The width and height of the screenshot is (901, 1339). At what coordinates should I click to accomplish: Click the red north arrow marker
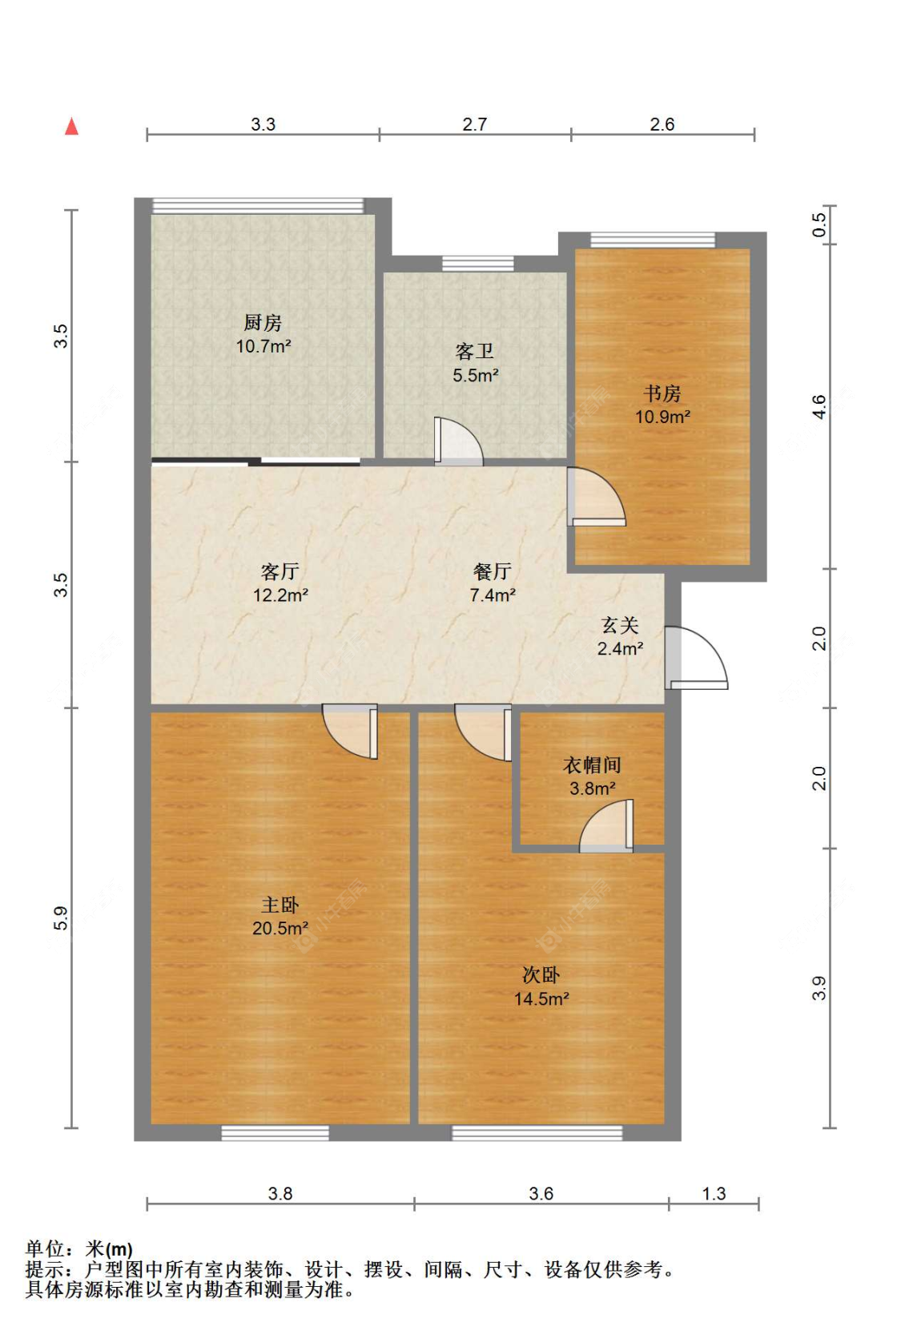(x=72, y=126)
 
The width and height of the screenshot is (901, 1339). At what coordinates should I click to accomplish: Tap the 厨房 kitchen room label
(x=263, y=323)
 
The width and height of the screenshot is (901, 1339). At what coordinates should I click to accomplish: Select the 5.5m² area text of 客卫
(x=476, y=375)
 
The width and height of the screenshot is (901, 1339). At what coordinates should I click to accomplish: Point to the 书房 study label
(x=662, y=393)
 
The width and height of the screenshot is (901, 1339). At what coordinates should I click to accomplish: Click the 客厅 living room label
(x=280, y=572)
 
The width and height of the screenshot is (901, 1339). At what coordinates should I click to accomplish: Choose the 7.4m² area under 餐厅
(x=493, y=595)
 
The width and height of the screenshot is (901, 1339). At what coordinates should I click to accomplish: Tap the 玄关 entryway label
(x=620, y=625)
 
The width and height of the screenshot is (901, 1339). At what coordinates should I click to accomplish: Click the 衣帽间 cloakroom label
(x=592, y=765)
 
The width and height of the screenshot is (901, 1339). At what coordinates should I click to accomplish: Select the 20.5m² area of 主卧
(x=280, y=928)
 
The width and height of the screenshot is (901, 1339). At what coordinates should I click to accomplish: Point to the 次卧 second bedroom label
(x=541, y=975)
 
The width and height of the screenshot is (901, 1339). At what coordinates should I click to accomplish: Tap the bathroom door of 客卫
(x=458, y=442)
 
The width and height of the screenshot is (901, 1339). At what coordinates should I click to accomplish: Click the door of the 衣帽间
(x=605, y=825)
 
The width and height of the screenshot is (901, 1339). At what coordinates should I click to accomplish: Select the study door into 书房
(x=597, y=496)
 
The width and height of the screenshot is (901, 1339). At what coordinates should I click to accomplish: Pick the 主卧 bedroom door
(x=350, y=732)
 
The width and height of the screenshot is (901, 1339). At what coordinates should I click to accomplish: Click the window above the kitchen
(x=258, y=206)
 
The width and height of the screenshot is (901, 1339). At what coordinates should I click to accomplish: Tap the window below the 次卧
(x=537, y=1133)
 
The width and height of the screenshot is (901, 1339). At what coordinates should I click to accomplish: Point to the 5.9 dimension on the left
(x=61, y=918)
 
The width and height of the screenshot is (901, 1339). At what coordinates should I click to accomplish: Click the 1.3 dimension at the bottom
(x=714, y=1194)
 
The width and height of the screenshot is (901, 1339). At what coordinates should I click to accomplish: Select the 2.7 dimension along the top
(x=474, y=124)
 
